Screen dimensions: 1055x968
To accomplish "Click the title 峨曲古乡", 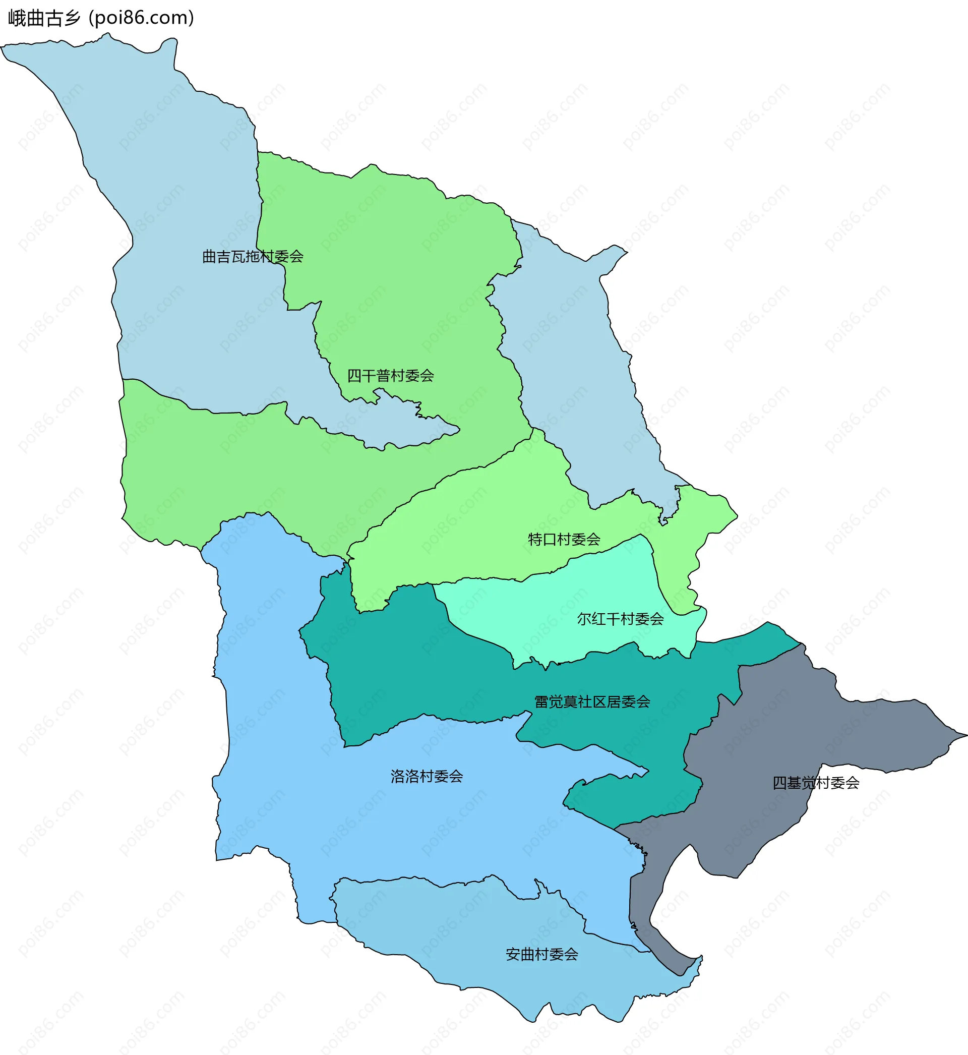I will point(44,18).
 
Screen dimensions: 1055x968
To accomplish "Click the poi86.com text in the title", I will point(142,18).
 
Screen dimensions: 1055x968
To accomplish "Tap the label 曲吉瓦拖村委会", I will point(253,257).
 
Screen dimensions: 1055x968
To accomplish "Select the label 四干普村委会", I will point(390,376).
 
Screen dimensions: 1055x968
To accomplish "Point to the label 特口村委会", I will point(564,539).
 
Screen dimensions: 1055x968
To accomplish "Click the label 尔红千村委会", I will point(620,619).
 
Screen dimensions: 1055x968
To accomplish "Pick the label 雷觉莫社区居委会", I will point(592,702).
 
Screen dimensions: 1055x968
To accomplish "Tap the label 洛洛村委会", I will point(427,776).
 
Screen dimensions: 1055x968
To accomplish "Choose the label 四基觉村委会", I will point(816,783).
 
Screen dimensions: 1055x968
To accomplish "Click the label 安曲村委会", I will point(541,955).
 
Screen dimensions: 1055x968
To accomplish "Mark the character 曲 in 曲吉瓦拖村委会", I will point(210,257).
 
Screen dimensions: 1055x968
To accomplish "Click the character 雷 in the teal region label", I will point(541,702).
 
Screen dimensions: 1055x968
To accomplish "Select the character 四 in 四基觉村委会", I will point(779,783).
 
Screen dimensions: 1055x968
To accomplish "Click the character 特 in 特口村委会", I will point(535,539).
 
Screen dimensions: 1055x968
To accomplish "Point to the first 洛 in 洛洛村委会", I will point(398,776).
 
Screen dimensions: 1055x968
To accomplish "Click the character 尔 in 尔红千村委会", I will point(584,619).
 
